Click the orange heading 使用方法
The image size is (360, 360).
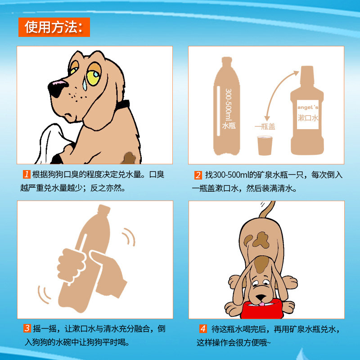[x=54, y=27]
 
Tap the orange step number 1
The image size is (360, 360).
[x=27, y=174]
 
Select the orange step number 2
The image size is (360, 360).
[x=198, y=175]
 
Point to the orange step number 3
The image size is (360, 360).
[x=27, y=328]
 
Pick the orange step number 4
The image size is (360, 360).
[x=203, y=328]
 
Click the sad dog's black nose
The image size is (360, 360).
[x=56, y=88]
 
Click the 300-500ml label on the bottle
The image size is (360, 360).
[x=228, y=105]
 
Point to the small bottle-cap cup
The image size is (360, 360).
[x=265, y=145]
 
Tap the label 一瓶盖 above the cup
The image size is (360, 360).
[x=265, y=126]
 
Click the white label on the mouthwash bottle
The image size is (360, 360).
[x=308, y=114]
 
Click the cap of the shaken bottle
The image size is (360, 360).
[x=104, y=209]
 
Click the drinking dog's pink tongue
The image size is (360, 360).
[x=261, y=304]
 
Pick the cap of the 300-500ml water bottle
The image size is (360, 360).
[x=227, y=60]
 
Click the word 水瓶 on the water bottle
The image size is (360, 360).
[x=229, y=126]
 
